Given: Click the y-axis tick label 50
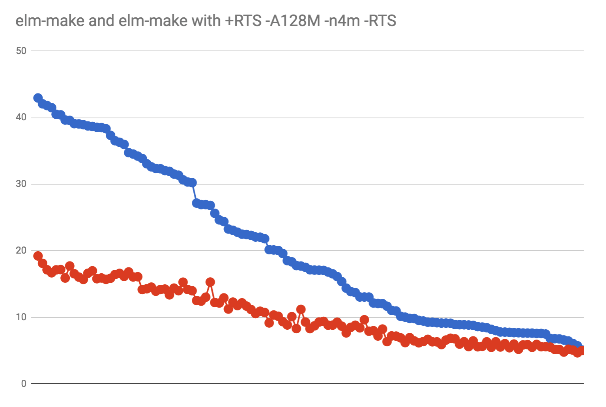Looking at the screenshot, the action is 21,51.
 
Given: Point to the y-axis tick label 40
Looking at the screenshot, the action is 21,118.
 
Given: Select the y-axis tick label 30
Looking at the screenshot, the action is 21,184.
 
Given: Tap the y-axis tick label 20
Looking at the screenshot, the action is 21,250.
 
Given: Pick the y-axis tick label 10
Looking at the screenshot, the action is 21,317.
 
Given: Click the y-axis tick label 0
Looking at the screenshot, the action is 24,383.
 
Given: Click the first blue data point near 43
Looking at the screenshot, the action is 38,98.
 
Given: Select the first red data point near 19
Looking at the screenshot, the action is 38,256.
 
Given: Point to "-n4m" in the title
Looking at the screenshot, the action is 342,21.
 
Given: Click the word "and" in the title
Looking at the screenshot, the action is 101,21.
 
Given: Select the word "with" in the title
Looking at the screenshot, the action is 206,21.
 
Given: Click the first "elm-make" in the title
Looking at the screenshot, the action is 50,21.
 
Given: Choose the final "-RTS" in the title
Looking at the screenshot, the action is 380,21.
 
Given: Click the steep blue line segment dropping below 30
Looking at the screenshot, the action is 195,193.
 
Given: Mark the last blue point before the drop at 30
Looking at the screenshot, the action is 192,183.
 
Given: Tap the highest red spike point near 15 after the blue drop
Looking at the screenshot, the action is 210,282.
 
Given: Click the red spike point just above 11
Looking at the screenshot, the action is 301,309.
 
